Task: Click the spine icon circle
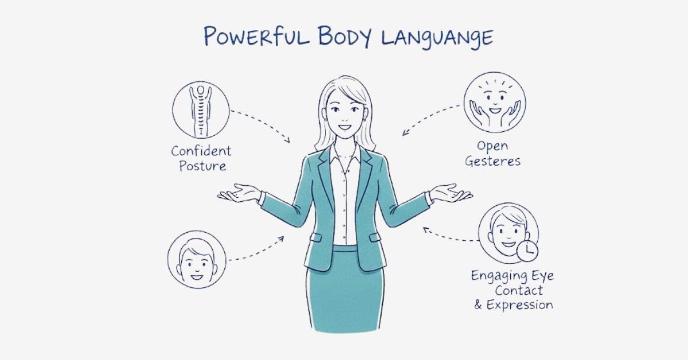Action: coord(201,109)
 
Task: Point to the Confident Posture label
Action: coord(201,158)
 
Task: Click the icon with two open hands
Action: coord(494,102)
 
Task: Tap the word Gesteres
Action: coord(492,161)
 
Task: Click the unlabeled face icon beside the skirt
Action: coord(197,259)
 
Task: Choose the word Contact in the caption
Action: coord(518,290)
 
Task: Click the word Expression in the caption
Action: coord(519,305)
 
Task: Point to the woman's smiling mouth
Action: coord(345,127)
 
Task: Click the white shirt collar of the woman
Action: coord(345,154)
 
